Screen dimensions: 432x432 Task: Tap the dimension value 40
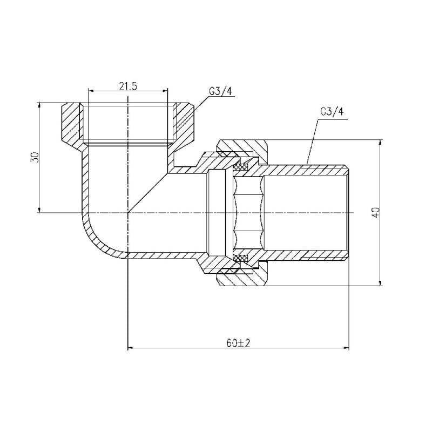tap(376, 212)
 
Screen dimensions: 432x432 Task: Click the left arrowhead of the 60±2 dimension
tap(130, 348)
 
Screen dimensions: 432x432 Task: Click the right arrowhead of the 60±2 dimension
tap(348, 348)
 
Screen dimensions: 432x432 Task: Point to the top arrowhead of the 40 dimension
tap(381, 143)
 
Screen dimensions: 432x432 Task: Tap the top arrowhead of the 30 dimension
tap(39, 104)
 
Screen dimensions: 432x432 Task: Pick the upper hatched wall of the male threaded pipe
tap(308, 170)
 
